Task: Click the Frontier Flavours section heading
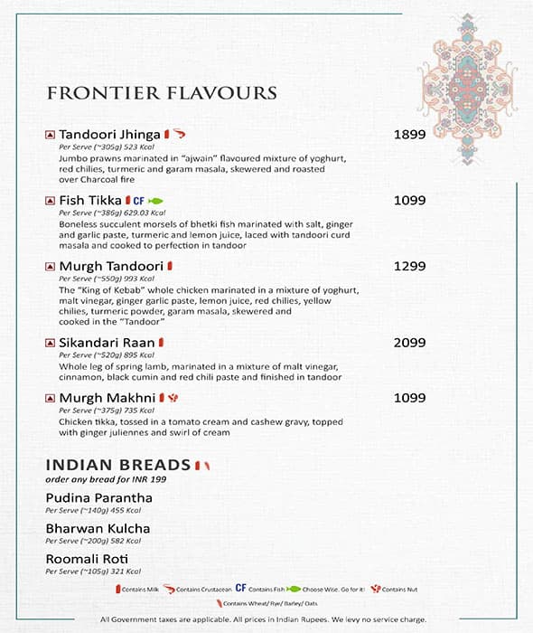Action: pos(162,93)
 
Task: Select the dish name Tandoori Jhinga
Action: pos(109,135)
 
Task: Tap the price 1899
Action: pos(409,135)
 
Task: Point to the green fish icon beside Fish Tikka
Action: pos(154,201)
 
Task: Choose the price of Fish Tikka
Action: pos(409,201)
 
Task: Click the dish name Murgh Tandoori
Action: pos(111,267)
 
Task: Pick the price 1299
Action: pos(409,267)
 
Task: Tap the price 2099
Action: pos(409,344)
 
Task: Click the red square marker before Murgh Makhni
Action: pos(51,398)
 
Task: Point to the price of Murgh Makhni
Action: pos(409,398)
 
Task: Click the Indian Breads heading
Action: pos(118,465)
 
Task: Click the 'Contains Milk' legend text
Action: pos(142,589)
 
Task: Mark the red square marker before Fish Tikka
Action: pos(51,201)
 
